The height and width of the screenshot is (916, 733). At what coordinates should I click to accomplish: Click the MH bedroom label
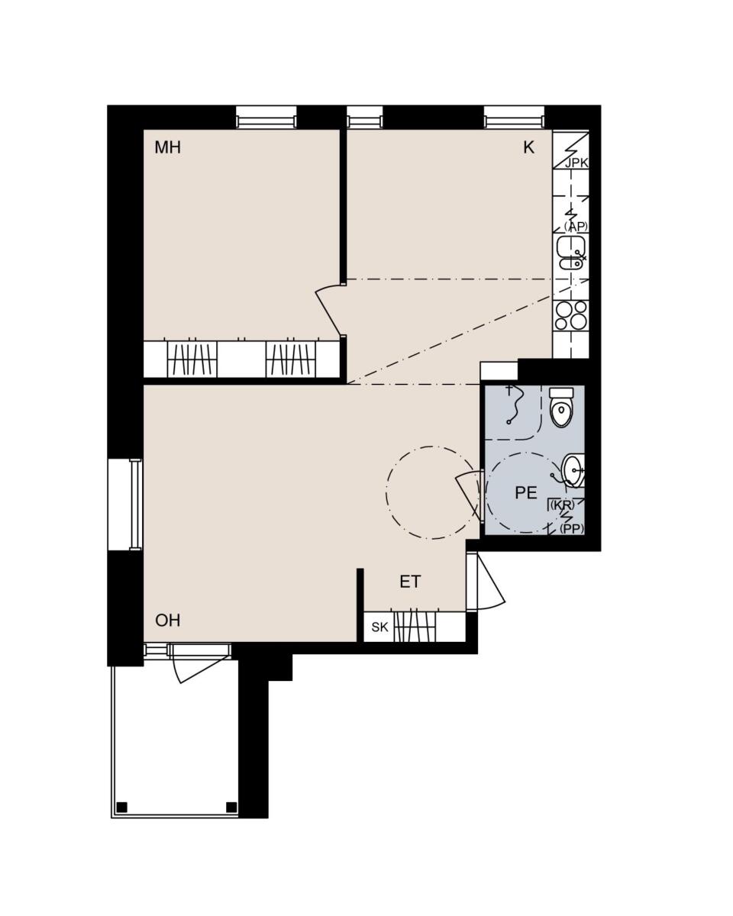pyautogui.click(x=167, y=147)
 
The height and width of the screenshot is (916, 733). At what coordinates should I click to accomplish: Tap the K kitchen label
pyautogui.click(x=528, y=147)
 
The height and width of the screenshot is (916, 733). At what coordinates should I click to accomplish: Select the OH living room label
pyautogui.click(x=167, y=621)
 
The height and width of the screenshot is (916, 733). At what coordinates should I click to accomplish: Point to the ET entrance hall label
pyautogui.click(x=410, y=582)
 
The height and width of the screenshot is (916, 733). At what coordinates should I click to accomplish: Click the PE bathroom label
pyautogui.click(x=526, y=492)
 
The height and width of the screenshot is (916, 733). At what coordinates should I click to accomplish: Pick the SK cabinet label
pyautogui.click(x=380, y=627)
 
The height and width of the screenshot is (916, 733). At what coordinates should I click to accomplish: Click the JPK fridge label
pyautogui.click(x=576, y=163)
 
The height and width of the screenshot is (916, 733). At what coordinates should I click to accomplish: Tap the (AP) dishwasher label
pyautogui.click(x=576, y=227)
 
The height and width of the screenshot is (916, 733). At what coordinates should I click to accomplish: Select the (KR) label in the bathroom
pyautogui.click(x=563, y=505)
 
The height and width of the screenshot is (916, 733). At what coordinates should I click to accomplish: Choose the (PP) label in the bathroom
pyautogui.click(x=572, y=529)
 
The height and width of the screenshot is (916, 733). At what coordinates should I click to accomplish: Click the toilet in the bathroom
pyautogui.click(x=561, y=407)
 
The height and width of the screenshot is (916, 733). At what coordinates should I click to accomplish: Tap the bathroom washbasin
pyautogui.click(x=573, y=470)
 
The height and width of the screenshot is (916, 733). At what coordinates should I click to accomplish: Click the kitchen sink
pyautogui.click(x=571, y=253)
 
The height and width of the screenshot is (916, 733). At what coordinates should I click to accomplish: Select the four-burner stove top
pyautogui.click(x=571, y=315)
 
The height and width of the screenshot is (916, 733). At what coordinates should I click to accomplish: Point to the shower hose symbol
pyautogui.click(x=514, y=405)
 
